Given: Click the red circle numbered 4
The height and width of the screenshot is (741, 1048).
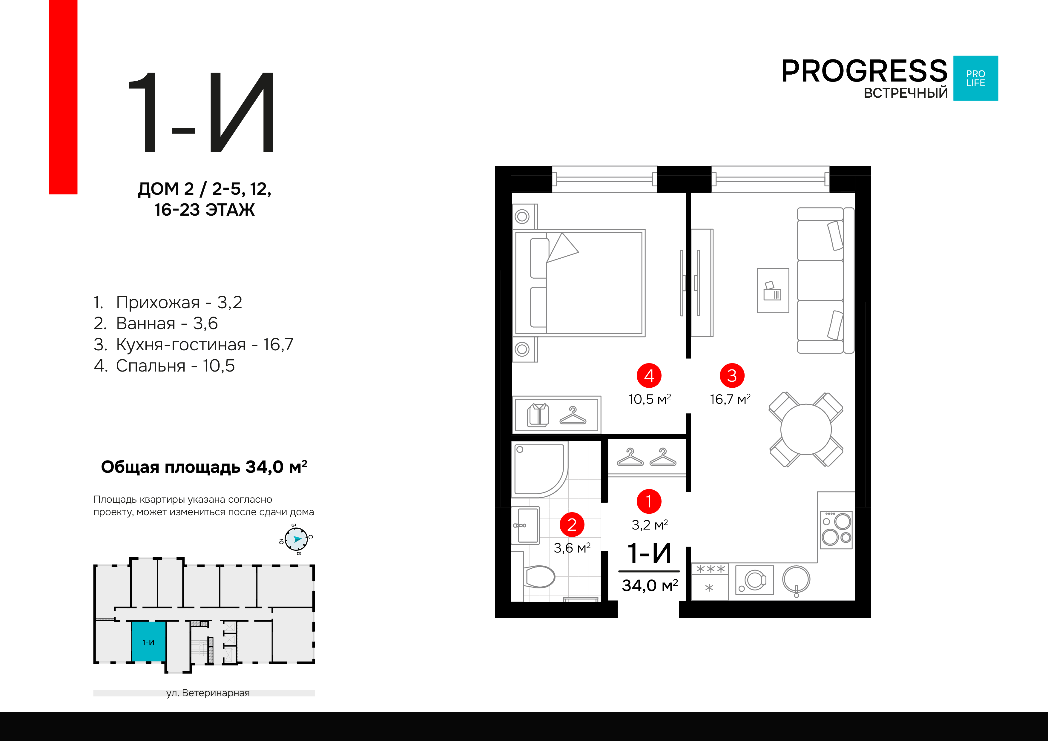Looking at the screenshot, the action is point(649,376).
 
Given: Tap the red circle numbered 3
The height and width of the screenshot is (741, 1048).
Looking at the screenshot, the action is point(732,376).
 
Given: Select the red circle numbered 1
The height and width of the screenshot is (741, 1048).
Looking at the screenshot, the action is point(649,501).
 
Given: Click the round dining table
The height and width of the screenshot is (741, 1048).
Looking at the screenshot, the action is point(805,429).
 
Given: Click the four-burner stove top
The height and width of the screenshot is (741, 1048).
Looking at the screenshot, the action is point(836,530).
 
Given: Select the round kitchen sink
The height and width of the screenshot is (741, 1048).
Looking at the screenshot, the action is point(796,579).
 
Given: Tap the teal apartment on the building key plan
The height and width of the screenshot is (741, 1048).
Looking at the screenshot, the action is point(149,642).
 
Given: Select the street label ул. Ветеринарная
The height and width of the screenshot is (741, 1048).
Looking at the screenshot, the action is point(208,693).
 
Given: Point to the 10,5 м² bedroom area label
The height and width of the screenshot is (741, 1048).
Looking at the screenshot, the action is point(650,400).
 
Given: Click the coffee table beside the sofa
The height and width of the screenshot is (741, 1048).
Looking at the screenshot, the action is point(773,290).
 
